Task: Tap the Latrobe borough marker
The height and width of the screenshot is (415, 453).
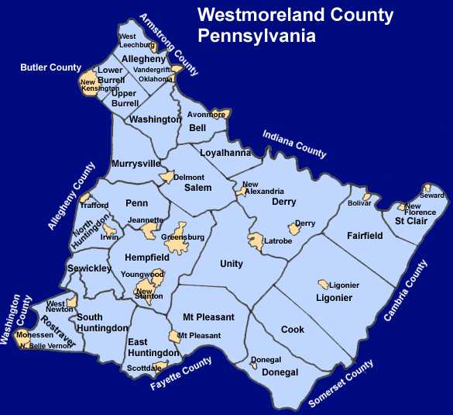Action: (x=254, y=241)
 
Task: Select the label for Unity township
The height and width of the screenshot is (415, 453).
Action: (x=232, y=264)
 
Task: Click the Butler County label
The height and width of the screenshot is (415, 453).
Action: (x=50, y=67)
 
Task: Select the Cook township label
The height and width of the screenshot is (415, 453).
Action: (x=293, y=330)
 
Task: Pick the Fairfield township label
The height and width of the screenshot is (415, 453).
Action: (x=364, y=236)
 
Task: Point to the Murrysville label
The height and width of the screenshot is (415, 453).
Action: (x=136, y=164)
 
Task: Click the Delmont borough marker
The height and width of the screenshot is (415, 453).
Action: (x=164, y=177)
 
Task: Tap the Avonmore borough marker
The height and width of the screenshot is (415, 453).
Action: (x=220, y=115)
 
